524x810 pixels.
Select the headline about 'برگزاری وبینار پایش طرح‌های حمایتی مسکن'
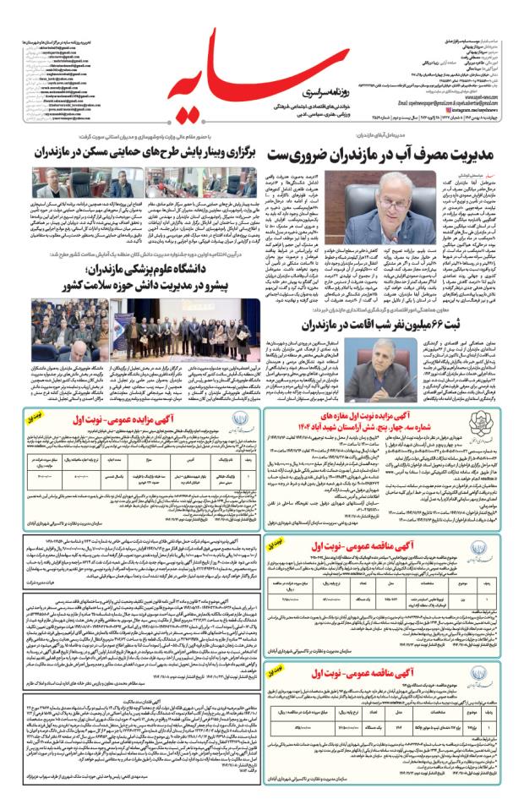tap(135, 155)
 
